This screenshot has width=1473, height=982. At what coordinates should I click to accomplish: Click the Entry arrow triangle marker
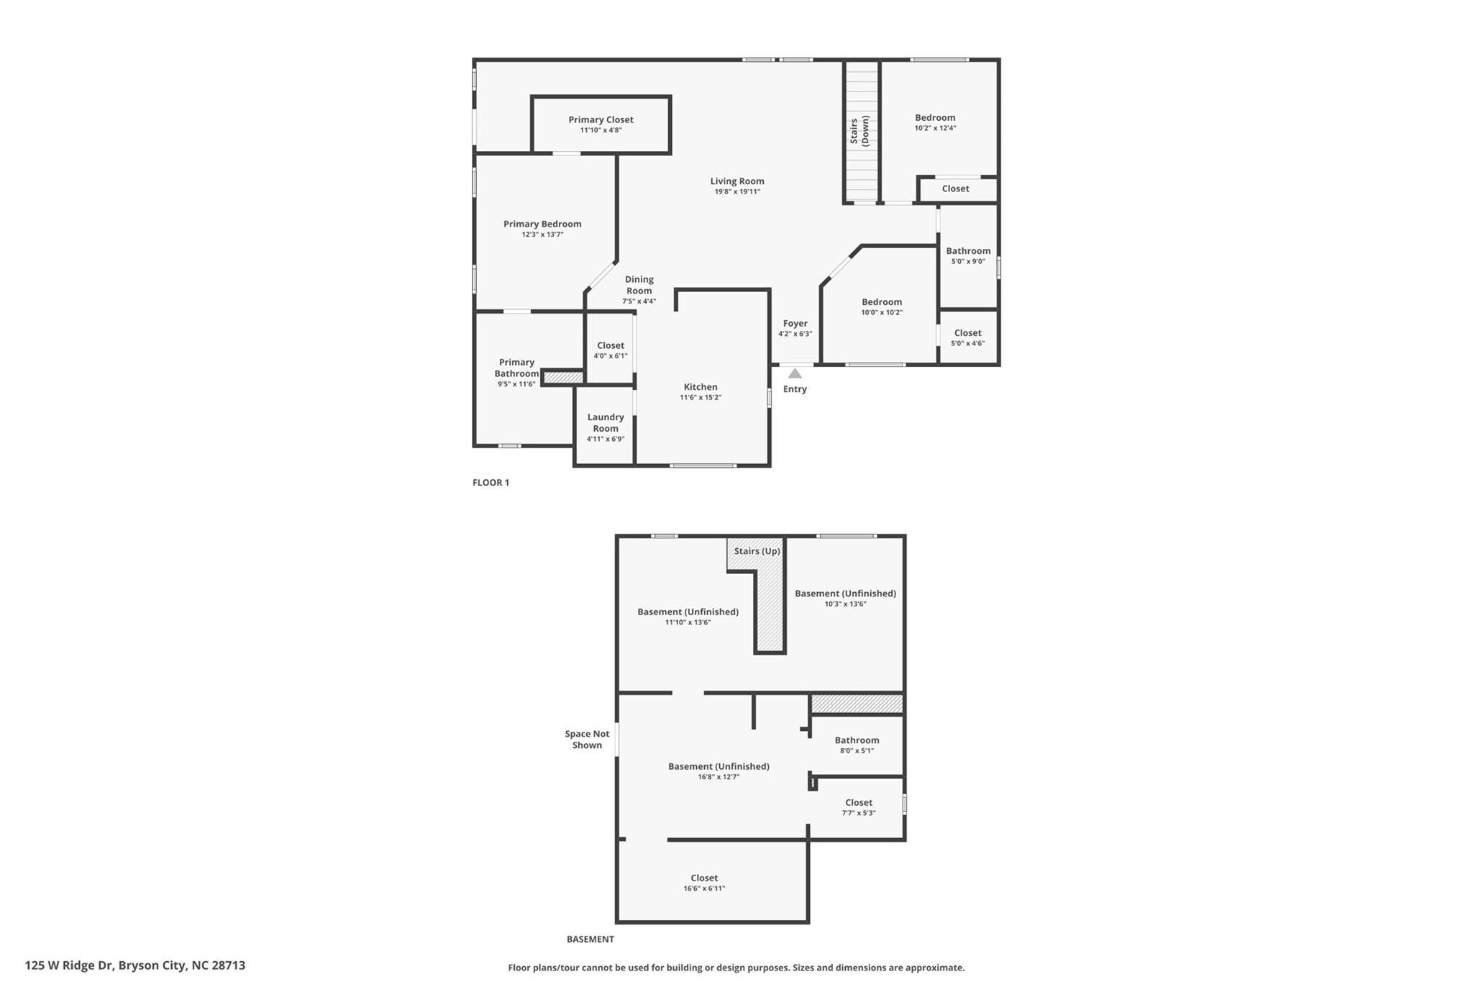point(795,373)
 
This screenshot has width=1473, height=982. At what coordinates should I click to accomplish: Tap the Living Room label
point(737,181)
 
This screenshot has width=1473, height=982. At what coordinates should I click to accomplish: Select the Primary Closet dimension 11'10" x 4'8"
point(601,130)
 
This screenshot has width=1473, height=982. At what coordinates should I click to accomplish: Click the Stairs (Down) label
point(859,131)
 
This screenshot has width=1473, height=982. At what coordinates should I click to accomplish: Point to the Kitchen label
point(701,387)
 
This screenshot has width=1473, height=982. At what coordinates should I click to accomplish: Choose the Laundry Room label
point(606,422)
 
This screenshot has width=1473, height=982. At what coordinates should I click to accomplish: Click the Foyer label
point(795,324)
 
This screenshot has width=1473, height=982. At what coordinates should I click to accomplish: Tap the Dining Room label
point(639,285)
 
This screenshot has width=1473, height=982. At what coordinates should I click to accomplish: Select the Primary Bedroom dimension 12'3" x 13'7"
point(542,235)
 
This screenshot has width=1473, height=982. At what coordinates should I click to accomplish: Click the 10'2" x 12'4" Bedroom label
point(935,117)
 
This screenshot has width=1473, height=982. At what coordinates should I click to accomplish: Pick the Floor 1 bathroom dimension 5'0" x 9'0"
point(968,262)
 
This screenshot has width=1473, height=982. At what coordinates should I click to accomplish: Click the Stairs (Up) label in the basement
point(757,551)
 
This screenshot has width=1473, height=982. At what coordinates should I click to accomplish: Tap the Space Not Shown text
point(587,740)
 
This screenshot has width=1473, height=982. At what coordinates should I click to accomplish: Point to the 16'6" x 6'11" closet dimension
point(704,888)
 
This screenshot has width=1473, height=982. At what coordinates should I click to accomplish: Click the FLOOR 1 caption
point(491,483)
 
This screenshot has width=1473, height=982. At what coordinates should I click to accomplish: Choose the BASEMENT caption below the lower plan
point(590,939)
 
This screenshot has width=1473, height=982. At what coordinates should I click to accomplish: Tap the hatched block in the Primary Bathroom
point(562,377)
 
